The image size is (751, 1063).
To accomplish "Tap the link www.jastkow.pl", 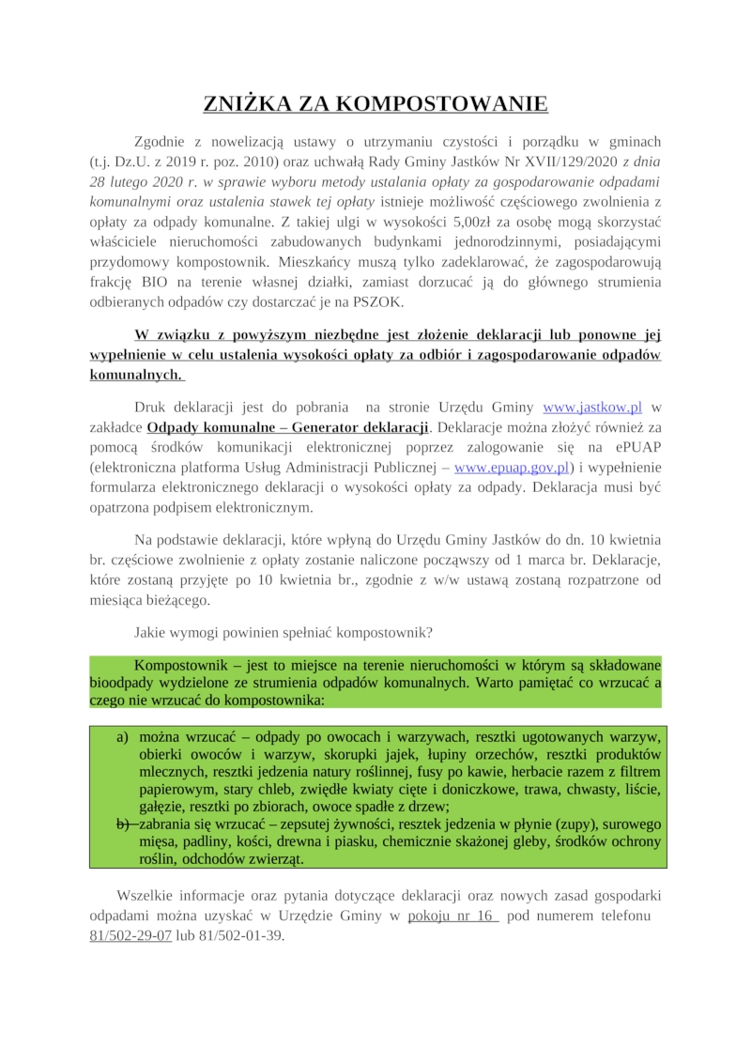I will pyautogui.click(x=592, y=408).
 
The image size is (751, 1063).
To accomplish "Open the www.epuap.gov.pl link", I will pyautogui.click(x=512, y=467).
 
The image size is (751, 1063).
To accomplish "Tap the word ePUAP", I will pyautogui.click(x=636, y=447).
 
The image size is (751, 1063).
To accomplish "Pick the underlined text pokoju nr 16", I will pyautogui.click(x=452, y=916).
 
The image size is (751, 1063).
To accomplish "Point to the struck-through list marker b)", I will pyautogui.click(x=122, y=824).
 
